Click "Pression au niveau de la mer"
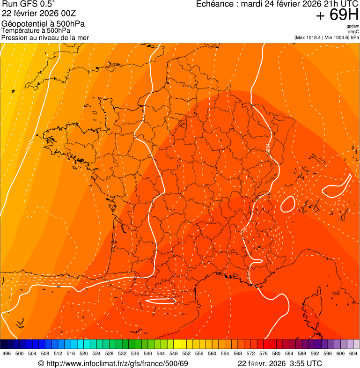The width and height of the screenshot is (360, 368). click(45, 37)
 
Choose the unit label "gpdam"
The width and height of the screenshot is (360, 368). click(353, 26)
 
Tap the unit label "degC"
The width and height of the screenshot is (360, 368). click(353, 32)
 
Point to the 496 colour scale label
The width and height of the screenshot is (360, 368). click(6, 354)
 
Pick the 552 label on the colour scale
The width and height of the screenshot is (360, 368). click(186, 354)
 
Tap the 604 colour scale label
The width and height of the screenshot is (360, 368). click(353, 354)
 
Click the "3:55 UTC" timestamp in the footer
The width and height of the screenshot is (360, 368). click(305, 363)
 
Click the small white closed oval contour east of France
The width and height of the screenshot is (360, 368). click(287, 204)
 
